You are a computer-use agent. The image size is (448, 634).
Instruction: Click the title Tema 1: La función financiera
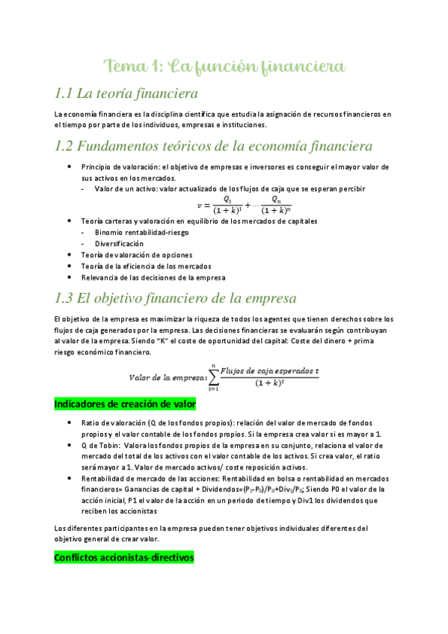click(x=224, y=67)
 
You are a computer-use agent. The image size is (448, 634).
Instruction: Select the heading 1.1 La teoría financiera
click(x=126, y=94)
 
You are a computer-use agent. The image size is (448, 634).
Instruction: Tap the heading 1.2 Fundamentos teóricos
click(x=203, y=145)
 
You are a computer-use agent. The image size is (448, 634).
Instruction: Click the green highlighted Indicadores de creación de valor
click(x=125, y=404)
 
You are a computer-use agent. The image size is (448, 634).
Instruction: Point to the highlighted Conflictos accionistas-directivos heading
click(x=124, y=557)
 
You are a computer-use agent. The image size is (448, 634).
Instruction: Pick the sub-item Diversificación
click(x=119, y=244)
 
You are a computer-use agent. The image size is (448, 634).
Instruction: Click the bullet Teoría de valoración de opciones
click(x=137, y=255)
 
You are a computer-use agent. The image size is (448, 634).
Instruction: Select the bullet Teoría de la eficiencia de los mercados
click(x=146, y=266)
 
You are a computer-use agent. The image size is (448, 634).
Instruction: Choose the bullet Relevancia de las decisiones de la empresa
click(x=153, y=277)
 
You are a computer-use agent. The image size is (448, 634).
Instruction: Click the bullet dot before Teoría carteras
click(x=70, y=221)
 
